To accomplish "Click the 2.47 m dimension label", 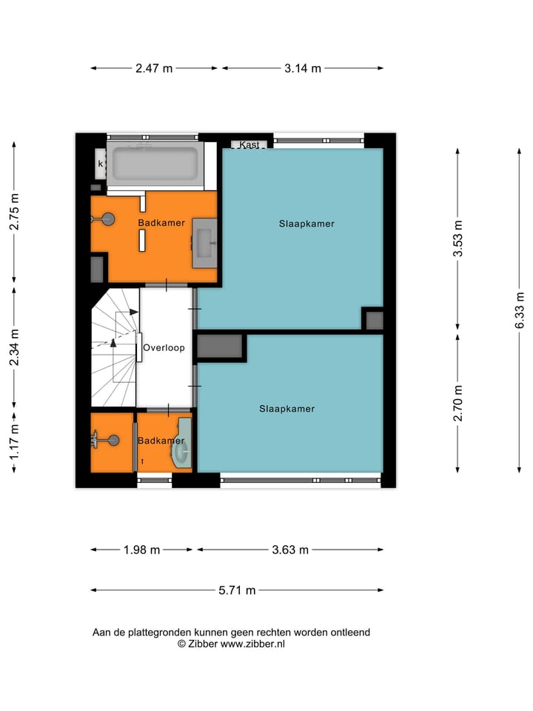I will (x=154, y=69).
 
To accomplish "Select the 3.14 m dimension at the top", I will (x=303, y=69).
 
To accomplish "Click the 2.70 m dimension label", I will (x=459, y=404).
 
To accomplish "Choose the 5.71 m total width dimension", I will (x=237, y=590).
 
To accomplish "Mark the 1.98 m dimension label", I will (x=141, y=550).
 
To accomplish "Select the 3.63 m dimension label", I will (x=289, y=550).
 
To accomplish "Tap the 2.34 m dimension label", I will (x=13, y=347).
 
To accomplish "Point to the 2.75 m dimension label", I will (x=13, y=211).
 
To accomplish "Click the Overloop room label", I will (x=164, y=347).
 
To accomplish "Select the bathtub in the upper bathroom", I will (x=153, y=164).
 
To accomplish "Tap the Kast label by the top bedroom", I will (x=249, y=145).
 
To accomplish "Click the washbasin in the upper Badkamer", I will (x=204, y=242).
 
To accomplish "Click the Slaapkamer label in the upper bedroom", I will (x=306, y=223).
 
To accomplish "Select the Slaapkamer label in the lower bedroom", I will (x=286, y=408).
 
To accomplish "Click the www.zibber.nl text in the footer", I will (x=252, y=644).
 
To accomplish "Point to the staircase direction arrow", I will (x=113, y=342).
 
